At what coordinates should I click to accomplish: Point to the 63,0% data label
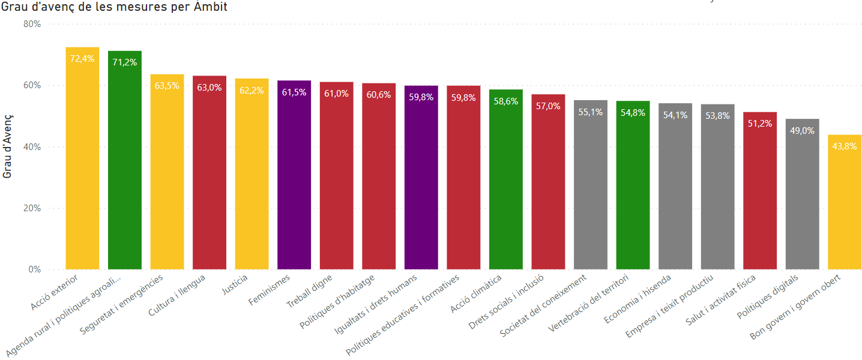coord(209,88)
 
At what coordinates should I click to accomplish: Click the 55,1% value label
coord(591,112)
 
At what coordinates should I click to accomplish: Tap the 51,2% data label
coord(760,124)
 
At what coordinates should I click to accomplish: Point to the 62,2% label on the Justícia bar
coord(252,91)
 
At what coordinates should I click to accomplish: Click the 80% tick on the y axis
coord(32,24)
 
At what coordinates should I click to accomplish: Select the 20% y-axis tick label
coord(32,208)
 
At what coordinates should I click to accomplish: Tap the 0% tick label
coord(34,269)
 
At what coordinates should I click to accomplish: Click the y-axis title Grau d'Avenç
coord(8,146)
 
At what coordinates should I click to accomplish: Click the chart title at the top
coord(114,7)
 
